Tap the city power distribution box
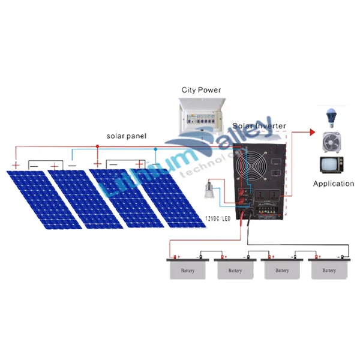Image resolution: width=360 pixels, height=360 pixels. point(201,117)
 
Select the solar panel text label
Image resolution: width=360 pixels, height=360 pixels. point(126,136)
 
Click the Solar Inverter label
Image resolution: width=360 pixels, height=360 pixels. point(259,127)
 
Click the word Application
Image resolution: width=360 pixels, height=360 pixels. point(334,184)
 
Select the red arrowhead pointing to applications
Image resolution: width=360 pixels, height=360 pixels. point(313,131)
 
